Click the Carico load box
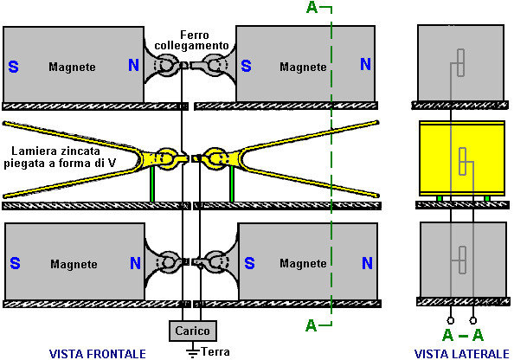[x=193, y=331]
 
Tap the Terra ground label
[x=215, y=352]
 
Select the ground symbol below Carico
[x=192, y=350]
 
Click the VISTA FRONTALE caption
[x=98, y=354]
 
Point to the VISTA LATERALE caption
[x=461, y=354]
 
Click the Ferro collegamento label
[x=191, y=41]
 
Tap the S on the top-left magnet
[x=14, y=67]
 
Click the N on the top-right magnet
[x=365, y=64]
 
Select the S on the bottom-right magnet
[x=249, y=263]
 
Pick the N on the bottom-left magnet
[x=135, y=263]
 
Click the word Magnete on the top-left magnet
[x=72, y=67]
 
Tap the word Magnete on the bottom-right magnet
[x=303, y=263]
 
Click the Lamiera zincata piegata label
[x=60, y=157]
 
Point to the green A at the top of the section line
[x=312, y=8]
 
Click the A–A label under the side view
[x=463, y=336]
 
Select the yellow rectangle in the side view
[x=462, y=158]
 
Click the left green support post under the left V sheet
[x=152, y=184]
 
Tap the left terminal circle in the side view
[x=451, y=320]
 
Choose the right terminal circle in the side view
[x=473, y=320]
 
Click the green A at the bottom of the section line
[x=312, y=325]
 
